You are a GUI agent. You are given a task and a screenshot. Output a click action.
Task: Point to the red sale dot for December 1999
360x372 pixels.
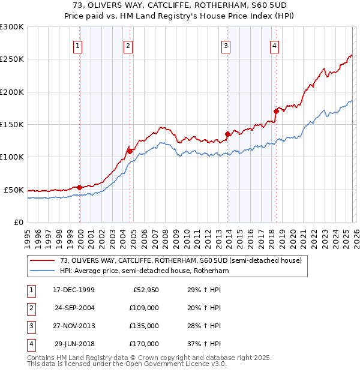pos(80,187)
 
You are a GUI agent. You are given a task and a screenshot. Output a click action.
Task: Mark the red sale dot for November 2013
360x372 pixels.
pos(227,134)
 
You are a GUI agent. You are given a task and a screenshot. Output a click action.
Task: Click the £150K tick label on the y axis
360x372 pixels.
pos(12,125)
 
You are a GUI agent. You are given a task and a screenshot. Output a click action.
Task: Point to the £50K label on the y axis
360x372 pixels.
pos(14,190)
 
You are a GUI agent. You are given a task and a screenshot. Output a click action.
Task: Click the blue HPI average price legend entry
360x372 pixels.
pos(144,271)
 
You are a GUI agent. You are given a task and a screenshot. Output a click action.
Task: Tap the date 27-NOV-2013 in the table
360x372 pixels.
pos(73,326)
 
